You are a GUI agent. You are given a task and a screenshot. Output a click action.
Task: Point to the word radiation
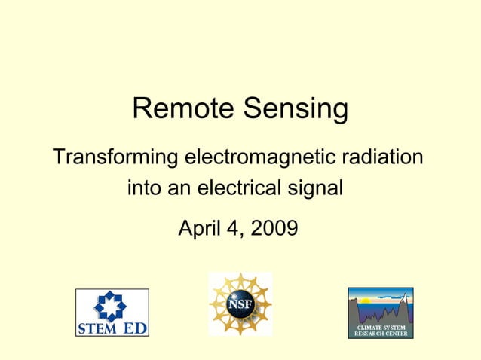pos(381,159)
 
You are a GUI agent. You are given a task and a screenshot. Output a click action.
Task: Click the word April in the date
pos(201,227)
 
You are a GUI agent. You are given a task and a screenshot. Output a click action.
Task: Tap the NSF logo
pos(240,304)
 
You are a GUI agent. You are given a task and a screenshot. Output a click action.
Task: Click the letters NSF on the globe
pos(240,305)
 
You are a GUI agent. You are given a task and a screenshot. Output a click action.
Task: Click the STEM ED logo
pos(112,313)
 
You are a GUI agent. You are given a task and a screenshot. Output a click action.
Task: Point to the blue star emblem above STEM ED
pos(112,305)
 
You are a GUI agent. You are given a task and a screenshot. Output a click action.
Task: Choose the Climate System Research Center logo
pos(380,313)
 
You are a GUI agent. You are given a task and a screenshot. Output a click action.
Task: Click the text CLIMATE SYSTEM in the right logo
pos(381,328)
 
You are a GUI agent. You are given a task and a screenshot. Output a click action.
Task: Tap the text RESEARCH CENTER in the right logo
pos(381,334)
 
